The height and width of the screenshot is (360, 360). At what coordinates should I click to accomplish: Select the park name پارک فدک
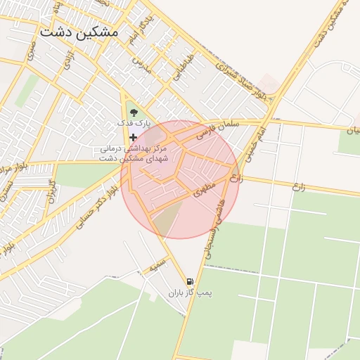(134, 124)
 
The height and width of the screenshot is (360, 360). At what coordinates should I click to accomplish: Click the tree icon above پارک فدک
(134, 111)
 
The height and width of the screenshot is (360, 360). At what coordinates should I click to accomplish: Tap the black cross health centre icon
(134, 137)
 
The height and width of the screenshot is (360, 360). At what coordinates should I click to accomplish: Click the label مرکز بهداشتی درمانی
(133, 149)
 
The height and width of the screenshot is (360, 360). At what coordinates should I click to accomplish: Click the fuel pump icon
(189, 281)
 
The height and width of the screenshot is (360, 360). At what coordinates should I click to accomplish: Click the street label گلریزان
(51, 191)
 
